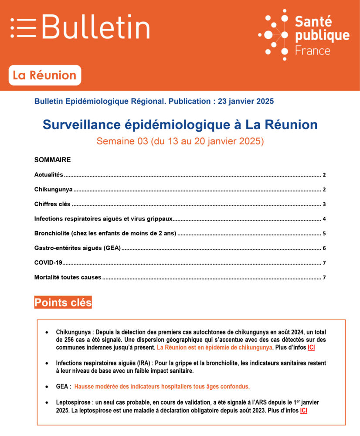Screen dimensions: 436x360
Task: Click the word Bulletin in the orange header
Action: pos(96,27)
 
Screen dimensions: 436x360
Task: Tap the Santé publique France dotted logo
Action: pos(273,34)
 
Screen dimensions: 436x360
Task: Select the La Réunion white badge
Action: pos(44,75)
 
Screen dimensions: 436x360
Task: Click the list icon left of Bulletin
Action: pos(23,27)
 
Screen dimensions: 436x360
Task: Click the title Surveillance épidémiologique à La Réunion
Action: pos(180,125)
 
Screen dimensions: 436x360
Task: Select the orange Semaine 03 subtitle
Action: pos(180,141)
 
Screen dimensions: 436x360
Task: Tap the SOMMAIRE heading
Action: pos(52,160)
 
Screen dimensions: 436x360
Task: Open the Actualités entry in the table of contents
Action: pos(49,175)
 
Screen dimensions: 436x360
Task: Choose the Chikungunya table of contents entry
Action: pos(53,190)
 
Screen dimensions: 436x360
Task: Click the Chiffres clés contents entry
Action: pos(52,204)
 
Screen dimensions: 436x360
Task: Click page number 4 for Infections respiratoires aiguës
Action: pos(324,219)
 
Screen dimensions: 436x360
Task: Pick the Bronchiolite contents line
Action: pos(105,233)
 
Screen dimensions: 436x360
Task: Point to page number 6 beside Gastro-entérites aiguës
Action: pos(324,248)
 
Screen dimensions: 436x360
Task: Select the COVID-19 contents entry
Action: pos(48,262)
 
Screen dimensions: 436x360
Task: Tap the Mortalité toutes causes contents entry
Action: pos(68,277)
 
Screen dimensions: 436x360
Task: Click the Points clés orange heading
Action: pos(63,303)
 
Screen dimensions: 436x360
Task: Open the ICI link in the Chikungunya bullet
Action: pos(311,347)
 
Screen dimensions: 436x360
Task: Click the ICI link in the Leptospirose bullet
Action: pos(303,410)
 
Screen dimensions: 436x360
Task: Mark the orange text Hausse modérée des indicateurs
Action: pos(162,386)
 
